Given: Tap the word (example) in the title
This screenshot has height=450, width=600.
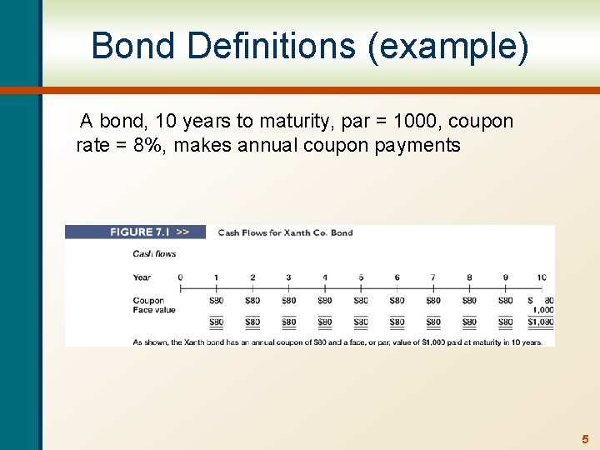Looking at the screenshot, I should coord(448,46).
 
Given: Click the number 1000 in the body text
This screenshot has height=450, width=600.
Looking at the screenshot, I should coord(414,121).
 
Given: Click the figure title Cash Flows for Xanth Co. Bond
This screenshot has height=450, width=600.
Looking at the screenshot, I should coord(285,232).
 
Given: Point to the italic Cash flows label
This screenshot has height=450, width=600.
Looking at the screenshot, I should coord(154,254).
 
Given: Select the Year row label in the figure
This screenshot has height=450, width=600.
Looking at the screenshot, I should coord(142,277).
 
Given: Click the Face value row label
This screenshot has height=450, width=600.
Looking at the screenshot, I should coord(154,310).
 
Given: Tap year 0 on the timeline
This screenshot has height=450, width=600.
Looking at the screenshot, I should coord(180,277).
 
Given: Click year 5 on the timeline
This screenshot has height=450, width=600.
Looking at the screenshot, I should coord(361,277).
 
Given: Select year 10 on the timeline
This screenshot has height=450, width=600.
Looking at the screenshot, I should coord(542,277).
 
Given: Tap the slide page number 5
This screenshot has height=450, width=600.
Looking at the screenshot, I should coord(585,438).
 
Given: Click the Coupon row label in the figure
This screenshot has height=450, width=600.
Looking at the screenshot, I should coord(147,301).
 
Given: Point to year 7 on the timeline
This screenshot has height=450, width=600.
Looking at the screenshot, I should coord(433,277).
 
